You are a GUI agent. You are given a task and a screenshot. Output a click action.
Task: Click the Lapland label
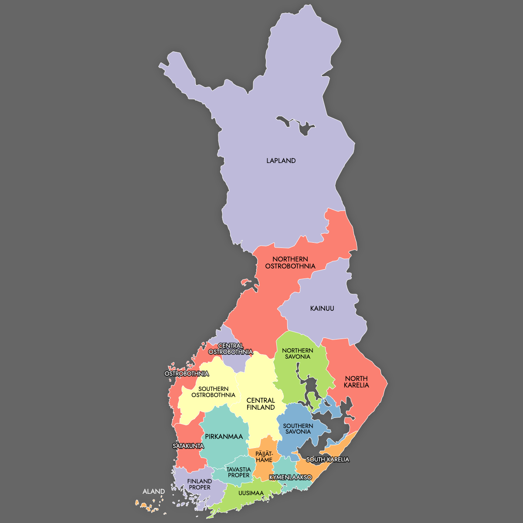tap(281, 161)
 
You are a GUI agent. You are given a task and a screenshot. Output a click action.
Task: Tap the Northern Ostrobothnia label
tap(290, 262)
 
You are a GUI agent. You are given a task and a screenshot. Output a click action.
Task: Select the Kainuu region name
tap(322, 309)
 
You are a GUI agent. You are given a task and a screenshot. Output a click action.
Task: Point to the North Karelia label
tap(357, 382)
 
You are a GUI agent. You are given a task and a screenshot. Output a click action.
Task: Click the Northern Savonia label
tap(298, 353)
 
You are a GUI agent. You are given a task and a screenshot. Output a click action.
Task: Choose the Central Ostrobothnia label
tap(231, 349)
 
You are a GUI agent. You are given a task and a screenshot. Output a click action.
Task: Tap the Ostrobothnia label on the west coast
tap(187, 374)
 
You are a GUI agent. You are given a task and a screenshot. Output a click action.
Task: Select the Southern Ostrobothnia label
tap(214, 392)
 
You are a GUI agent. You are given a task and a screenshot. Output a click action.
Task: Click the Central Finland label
tap(261, 404)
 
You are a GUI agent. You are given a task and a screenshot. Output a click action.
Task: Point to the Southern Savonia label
tap(298, 429)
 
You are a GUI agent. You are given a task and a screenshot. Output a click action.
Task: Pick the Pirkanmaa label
tap(224, 437)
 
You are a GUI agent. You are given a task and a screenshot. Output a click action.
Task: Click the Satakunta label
tap(188, 446)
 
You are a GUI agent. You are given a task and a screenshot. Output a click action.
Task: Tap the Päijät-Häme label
tap(264, 457)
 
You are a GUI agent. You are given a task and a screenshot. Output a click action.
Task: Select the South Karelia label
tap(328, 459)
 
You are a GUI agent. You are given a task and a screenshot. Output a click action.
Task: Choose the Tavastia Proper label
tap(239, 472)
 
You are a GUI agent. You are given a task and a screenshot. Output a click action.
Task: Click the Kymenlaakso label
tap(291, 477)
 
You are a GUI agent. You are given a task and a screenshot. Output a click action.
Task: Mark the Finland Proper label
tap(200, 484)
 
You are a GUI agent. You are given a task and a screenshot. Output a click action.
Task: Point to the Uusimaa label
tap(251, 493)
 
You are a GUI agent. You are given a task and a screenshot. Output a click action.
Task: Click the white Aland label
tap(154, 492)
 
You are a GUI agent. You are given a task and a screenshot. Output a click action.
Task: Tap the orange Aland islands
tap(144, 506)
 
